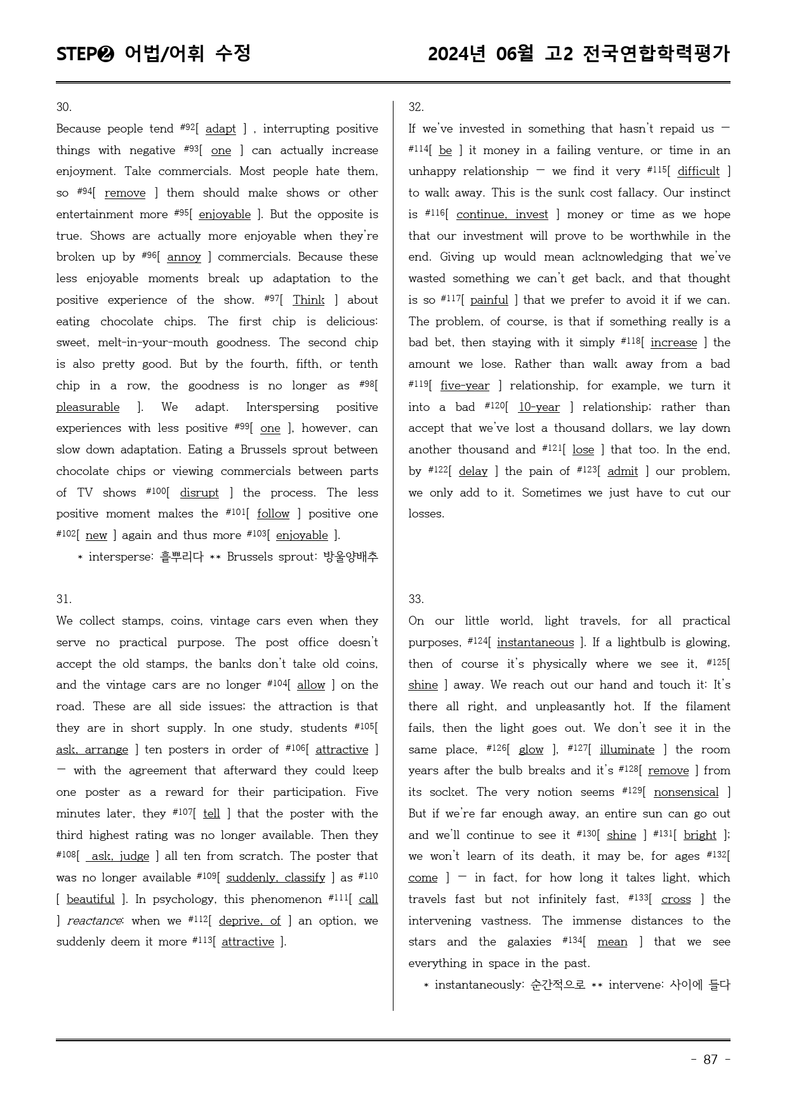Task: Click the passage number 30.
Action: coord(63,107)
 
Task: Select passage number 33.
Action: coord(416,599)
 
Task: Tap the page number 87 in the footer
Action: coord(710,1060)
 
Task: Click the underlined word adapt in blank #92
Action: coord(220,129)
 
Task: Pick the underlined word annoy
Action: coord(184,257)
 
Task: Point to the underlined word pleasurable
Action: coord(88,407)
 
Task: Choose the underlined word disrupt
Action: coord(199,493)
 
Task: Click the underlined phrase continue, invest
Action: coord(502,214)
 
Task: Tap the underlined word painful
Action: coord(489,300)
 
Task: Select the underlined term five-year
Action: coord(465,386)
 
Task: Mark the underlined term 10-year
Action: coord(539,407)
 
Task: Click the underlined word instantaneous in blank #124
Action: coord(535,642)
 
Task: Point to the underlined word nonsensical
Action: coord(686,792)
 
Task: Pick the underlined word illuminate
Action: coord(626,750)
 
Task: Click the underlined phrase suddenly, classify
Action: coord(275,878)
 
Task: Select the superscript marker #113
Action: coord(201,940)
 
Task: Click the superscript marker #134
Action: coord(572,940)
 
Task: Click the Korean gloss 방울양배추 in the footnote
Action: coord(350,557)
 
